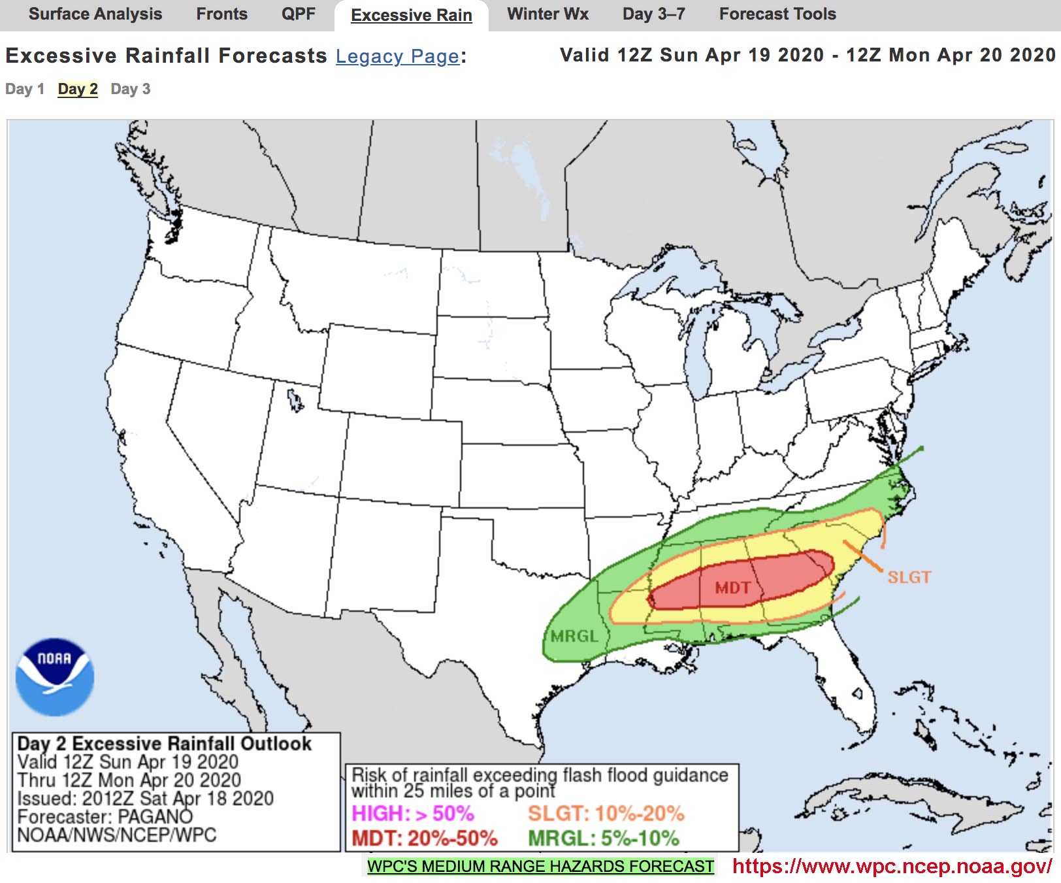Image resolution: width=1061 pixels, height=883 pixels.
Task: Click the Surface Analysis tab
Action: click(95, 14)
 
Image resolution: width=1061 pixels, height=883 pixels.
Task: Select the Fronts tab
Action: click(221, 14)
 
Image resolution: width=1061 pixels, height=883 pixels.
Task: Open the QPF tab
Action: click(298, 14)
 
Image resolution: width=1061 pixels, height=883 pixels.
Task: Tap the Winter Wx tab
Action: click(547, 14)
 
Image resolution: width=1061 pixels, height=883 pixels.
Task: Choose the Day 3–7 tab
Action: click(653, 14)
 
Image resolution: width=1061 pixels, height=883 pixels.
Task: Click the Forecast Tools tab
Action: click(777, 14)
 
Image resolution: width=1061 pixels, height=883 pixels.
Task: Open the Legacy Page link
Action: click(397, 57)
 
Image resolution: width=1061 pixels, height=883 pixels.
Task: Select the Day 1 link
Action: click(25, 90)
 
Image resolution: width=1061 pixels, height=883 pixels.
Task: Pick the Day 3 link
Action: click(131, 90)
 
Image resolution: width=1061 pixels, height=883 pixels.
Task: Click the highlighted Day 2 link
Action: click(78, 90)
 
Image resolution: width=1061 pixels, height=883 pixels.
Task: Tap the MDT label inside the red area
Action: click(732, 588)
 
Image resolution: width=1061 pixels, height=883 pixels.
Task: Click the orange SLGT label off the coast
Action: click(909, 577)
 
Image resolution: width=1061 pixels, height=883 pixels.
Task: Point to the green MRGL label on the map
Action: click(574, 636)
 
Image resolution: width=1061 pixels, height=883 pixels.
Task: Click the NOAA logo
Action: click(55, 676)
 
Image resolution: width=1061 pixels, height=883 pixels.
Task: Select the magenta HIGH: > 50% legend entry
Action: click(413, 814)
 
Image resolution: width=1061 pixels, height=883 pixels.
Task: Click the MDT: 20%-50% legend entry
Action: click(425, 839)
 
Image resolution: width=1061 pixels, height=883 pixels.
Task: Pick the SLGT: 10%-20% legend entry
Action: click(606, 814)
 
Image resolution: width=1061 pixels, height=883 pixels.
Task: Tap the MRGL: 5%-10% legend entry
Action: click(604, 839)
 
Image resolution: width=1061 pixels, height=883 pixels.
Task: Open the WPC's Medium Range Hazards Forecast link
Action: click(540, 867)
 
